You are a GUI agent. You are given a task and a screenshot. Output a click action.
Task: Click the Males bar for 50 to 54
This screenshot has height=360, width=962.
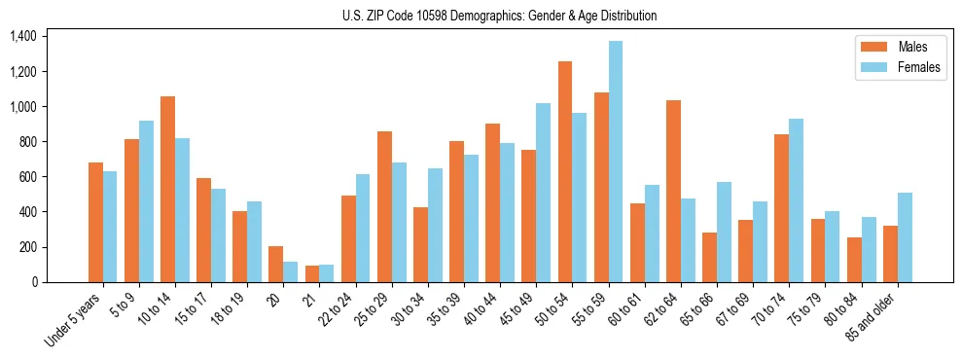click(x=565, y=171)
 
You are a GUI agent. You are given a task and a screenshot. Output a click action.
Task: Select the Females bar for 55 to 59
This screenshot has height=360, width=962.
click(x=616, y=162)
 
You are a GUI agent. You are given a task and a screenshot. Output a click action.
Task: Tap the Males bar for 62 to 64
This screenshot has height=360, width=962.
click(x=673, y=191)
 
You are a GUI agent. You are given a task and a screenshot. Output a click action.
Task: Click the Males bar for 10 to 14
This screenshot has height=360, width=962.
click(x=167, y=189)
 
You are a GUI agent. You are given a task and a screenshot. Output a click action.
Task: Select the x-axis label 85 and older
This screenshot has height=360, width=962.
click(x=872, y=315)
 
